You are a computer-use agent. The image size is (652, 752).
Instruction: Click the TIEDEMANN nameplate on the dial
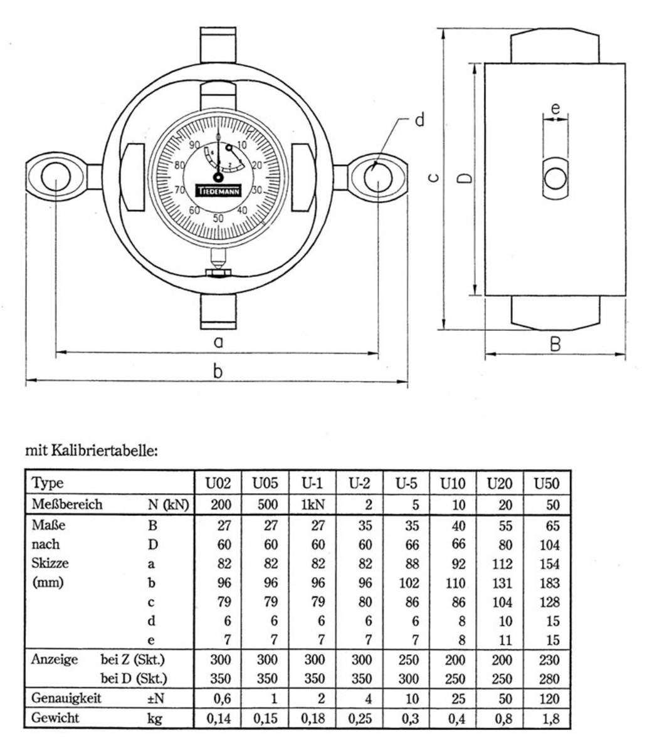[218, 190]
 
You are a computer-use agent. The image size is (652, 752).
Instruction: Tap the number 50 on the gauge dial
[218, 218]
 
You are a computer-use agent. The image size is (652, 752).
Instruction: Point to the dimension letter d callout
[419, 120]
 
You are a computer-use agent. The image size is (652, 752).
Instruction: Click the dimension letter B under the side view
[555, 343]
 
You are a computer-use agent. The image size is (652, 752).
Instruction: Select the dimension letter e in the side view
[555, 108]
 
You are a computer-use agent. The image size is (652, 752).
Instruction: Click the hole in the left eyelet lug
[56, 177]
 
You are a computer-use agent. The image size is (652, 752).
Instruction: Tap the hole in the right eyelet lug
[378, 177]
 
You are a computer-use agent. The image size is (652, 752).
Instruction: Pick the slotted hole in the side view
[555, 179]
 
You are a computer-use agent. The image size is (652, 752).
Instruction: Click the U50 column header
[546, 483]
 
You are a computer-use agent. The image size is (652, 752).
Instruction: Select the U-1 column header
[312, 483]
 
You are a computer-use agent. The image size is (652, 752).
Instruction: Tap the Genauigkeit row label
[66, 698]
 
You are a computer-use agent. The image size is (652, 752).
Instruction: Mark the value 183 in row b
[549, 583]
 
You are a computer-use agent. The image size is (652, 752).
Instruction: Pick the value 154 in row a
[549, 564]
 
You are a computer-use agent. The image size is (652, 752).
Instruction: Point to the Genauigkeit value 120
[549, 699]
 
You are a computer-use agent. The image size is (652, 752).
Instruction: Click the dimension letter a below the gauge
[218, 342]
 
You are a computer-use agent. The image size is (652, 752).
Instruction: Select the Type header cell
[48, 483]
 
